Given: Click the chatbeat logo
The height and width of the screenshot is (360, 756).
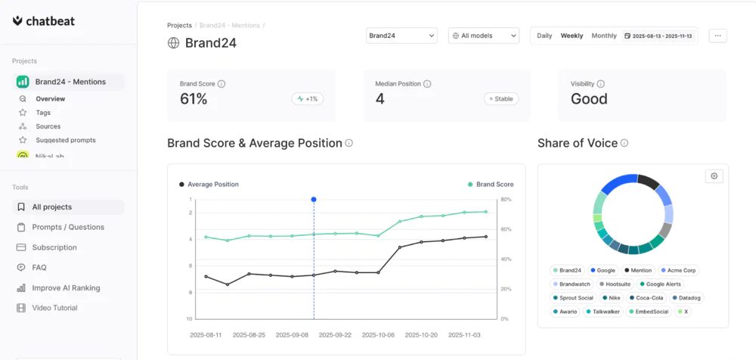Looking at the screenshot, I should (x=43, y=20).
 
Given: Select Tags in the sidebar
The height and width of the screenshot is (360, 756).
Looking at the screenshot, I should (x=43, y=113).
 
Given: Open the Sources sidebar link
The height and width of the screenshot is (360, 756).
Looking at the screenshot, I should (x=48, y=126).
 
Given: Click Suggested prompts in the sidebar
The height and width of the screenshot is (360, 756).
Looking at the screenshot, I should (x=65, y=140).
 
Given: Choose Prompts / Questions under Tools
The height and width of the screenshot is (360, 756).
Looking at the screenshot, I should (x=67, y=227).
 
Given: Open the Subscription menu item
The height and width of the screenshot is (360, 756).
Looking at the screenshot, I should (x=54, y=247).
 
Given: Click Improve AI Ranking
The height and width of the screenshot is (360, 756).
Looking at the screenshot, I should (x=66, y=287).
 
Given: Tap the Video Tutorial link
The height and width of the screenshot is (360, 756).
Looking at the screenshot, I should (x=54, y=308).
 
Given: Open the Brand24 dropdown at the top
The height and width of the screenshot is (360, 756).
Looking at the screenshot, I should (x=401, y=36).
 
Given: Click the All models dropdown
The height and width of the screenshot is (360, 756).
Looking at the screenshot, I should (x=483, y=36).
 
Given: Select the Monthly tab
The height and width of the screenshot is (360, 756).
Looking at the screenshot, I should (x=604, y=36).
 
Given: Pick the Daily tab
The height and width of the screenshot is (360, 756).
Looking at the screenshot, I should (x=544, y=36).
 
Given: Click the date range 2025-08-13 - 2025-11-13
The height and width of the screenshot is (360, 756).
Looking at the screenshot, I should (x=658, y=36).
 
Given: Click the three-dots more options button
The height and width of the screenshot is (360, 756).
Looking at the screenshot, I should (x=717, y=36).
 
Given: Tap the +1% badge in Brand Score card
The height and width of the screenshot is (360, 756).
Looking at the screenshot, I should (x=307, y=98).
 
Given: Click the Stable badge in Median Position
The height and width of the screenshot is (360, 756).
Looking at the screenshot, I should (x=500, y=98).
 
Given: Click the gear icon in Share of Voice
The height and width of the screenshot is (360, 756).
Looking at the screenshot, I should (x=714, y=175).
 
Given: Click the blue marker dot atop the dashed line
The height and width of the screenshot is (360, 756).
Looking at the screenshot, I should (x=314, y=200).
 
